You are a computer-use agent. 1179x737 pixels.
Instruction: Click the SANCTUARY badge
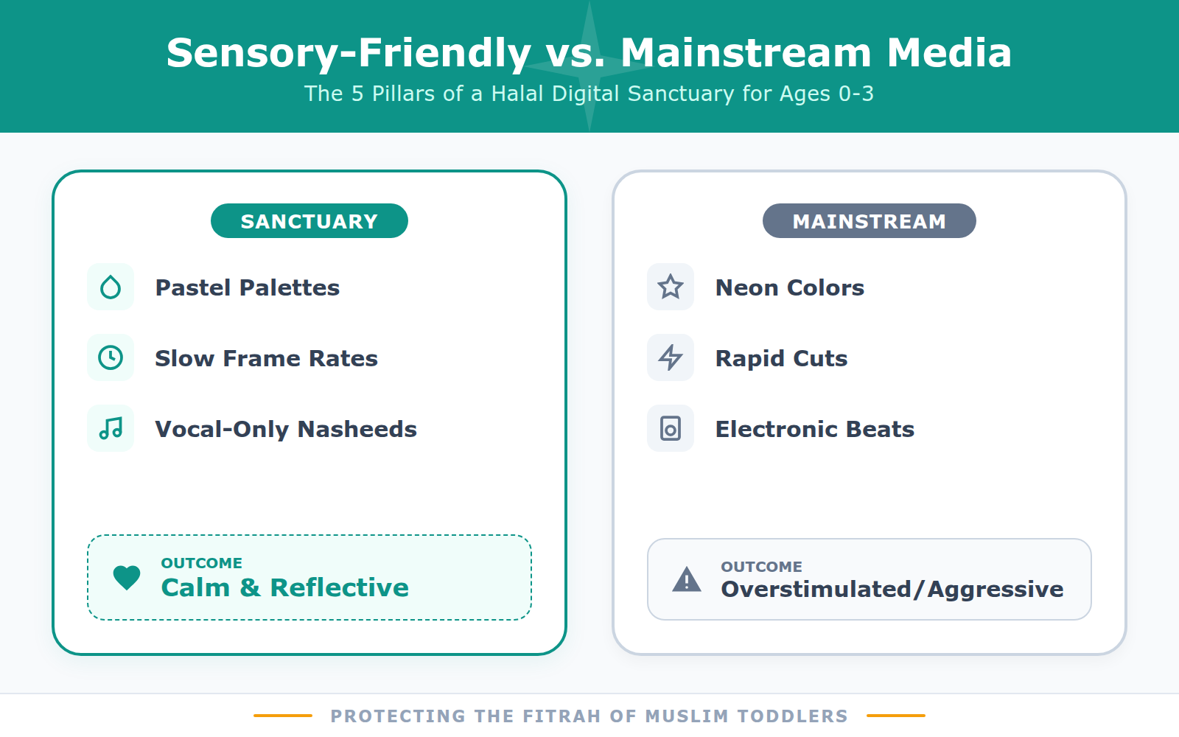(x=309, y=221)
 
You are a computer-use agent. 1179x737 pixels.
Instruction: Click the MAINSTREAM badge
(x=869, y=221)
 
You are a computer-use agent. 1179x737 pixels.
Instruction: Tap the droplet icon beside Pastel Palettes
(x=111, y=287)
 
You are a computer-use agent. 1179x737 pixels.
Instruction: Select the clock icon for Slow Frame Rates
(x=111, y=357)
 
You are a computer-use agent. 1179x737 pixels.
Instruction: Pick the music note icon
(x=111, y=428)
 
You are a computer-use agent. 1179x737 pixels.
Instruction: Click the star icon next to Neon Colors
(x=671, y=287)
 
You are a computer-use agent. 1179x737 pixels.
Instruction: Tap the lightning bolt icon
(x=671, y=357)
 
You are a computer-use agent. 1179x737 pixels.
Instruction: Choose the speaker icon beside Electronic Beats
(x=671, y=428)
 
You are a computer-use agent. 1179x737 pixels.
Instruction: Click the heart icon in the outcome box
(x=127, y=577)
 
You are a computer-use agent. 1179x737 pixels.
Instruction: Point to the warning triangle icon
(x=687, y=580)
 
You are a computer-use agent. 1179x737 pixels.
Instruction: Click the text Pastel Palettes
(x=248, y=287)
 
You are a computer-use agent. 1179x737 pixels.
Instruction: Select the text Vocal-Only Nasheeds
(x=286, y=429)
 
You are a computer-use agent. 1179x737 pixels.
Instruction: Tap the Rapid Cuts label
(x=781, y=358)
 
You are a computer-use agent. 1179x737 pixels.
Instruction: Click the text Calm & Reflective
(x=284, y=587)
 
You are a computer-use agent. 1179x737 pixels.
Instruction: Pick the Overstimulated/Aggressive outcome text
(x=892, y=589)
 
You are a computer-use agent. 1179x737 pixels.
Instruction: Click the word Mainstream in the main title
(x=746, y=53)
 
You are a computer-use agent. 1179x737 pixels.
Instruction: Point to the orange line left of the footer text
(x=283, y=716)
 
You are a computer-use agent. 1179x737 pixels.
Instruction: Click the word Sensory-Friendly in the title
(x=349, y=53)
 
